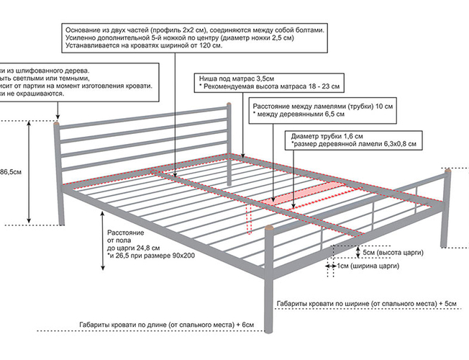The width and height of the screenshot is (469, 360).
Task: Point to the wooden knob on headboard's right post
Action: tap(229, 104)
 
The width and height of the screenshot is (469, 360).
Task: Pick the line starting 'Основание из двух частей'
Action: tap(194, 30)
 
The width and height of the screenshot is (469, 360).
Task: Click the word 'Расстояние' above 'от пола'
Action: tap(126, 233)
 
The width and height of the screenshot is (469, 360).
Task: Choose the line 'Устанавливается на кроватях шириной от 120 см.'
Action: tap(144, 47)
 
